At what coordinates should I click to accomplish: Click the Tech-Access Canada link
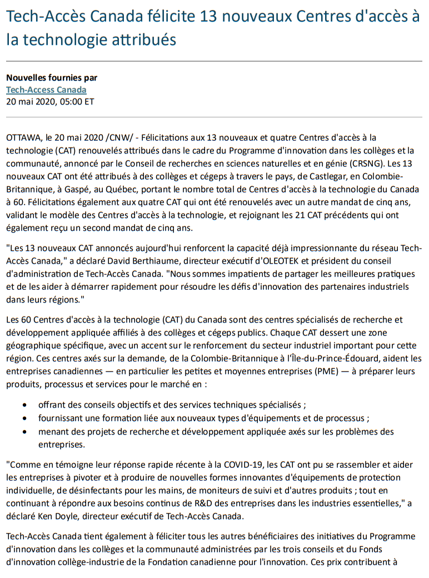(46, 90)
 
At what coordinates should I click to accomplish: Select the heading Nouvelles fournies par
(52, 78)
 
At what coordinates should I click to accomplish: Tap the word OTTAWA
(23, 137)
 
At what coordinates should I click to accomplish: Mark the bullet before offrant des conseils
(27, 405)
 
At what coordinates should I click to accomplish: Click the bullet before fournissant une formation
(27, 418)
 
